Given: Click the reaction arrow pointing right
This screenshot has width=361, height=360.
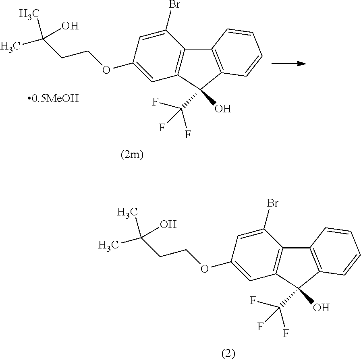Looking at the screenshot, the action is [289, 63].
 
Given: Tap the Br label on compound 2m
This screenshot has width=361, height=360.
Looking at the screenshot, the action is [174, 4].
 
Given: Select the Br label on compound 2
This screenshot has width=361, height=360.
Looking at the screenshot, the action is [272, 203].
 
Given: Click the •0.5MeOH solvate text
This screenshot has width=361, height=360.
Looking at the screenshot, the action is [53, 99].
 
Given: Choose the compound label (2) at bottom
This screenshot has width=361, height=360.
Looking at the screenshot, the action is [228, 354].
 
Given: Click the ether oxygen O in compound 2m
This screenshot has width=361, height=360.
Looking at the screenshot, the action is [106, 70].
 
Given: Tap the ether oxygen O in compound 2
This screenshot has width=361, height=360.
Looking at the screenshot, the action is [204, 268].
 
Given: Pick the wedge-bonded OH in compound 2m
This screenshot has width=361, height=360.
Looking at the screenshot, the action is [223, 109].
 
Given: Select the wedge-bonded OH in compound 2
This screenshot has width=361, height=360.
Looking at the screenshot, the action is [321, 308].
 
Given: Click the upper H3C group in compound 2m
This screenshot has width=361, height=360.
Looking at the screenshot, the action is [29, 14].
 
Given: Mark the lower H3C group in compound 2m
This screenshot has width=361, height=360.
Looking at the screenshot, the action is [10, 46].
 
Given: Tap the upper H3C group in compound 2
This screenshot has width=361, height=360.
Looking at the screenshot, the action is [128, 212].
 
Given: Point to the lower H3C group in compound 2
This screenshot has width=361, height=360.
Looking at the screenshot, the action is [109, 245].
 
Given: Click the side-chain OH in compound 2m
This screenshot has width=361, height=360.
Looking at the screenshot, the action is [70, 26].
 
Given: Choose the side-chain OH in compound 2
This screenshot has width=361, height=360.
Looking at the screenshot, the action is [168, 224].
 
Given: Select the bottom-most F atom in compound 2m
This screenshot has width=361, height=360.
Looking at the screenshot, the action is [188, 134].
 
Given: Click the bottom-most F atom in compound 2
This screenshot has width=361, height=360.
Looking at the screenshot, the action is [286, 333].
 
